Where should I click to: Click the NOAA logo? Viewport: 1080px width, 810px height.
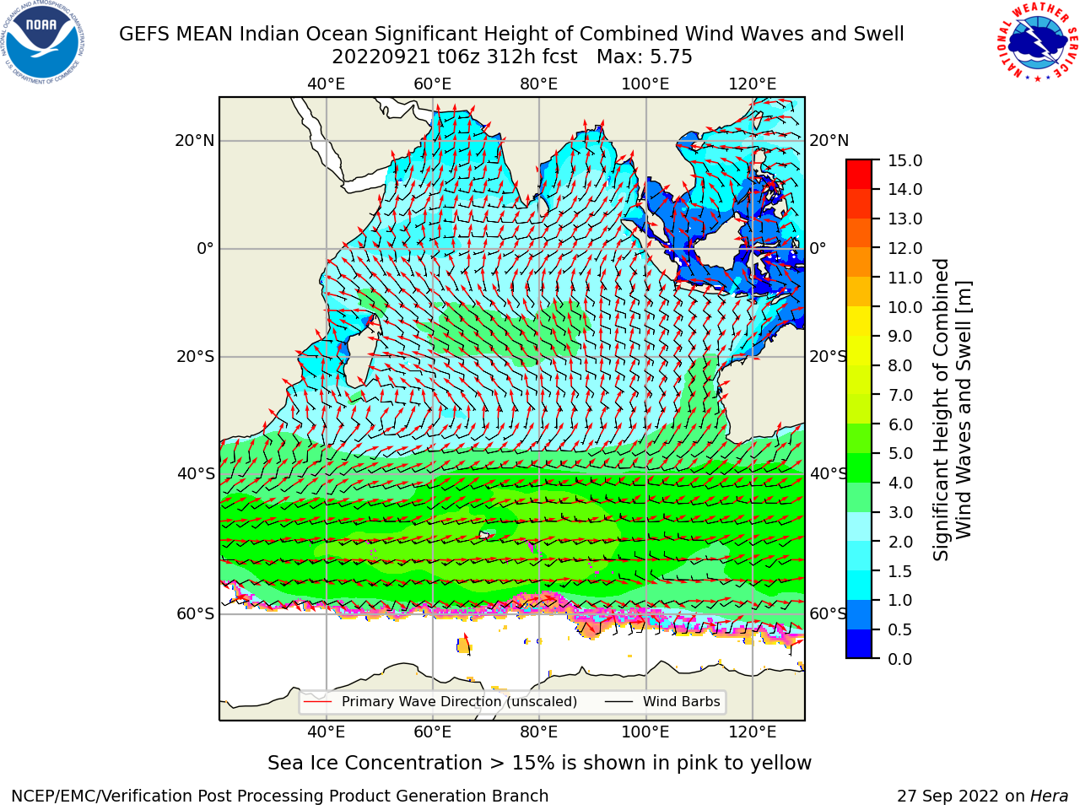point(43,43)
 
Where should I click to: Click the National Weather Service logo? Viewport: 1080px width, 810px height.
point(1037,41)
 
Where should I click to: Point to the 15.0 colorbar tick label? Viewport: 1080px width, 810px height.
point(904,160)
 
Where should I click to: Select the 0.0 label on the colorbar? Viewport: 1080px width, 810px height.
point(900,659)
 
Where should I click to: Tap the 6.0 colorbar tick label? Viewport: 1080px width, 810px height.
point(900,424)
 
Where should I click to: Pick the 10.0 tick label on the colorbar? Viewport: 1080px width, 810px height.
point(904,307)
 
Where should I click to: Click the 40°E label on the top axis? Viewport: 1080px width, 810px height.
point(326,84)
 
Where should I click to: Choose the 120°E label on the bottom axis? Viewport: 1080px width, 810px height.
point(752,732)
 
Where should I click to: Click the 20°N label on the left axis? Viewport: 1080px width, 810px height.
point(195,141)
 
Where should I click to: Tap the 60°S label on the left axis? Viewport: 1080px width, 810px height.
point(196,613)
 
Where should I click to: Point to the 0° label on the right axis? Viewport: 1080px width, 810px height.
point(818,248)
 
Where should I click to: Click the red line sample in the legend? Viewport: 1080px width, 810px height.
point(317,701)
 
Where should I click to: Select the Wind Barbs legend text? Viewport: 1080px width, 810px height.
point(682,701)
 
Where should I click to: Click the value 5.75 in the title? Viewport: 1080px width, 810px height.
point(669,57)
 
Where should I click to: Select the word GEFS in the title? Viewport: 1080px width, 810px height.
point(145,35)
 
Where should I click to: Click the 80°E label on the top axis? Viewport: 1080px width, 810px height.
point(539,84)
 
